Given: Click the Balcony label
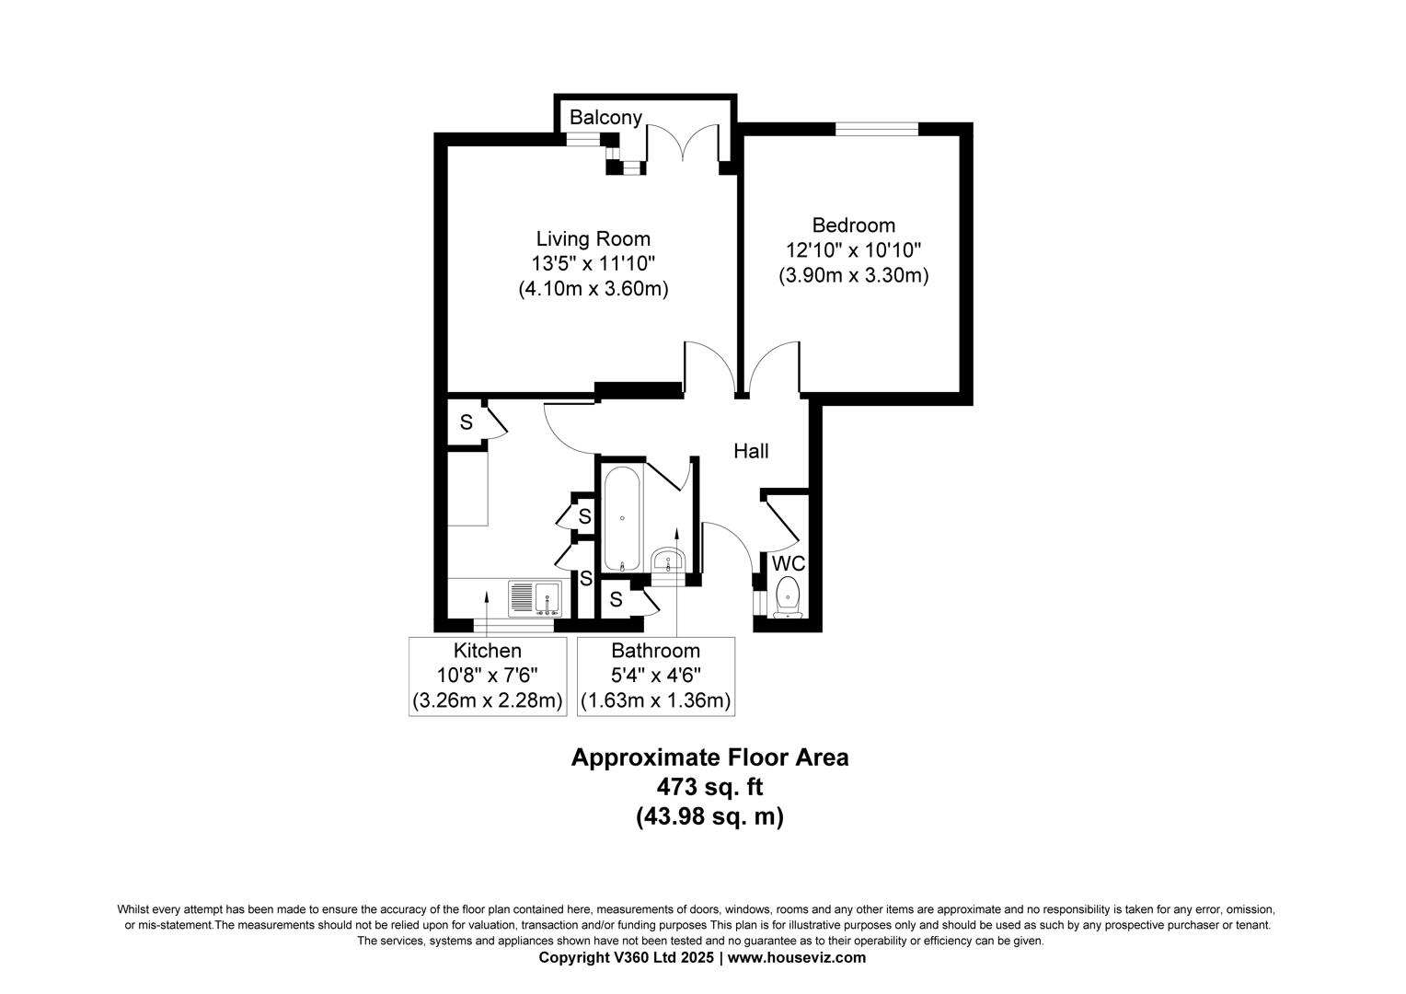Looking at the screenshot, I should coord(605,118).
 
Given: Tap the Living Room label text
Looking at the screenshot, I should coord(593,239).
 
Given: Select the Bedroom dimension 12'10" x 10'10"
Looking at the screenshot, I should coord(853,249).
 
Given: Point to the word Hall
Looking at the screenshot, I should coord(751,451).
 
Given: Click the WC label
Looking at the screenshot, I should coord(789,563).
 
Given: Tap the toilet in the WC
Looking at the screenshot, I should coord(788,596).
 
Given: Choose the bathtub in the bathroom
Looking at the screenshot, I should coord(623,519).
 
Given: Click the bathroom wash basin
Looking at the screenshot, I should coord(667,560).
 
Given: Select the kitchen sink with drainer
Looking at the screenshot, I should coord(535,598).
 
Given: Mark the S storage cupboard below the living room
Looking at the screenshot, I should coord(467,423).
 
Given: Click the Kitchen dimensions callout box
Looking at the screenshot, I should coord(487,676).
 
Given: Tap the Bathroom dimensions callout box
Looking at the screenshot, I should coord(655,676).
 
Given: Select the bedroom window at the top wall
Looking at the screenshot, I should coord(876,129).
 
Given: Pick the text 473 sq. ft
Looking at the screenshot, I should coord(709,787).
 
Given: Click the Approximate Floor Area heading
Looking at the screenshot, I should coord(709,757).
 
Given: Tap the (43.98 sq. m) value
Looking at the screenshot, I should coord(709,816).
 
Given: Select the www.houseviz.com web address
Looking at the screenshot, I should coord(797,957).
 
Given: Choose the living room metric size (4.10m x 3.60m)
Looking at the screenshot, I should coord(593,288).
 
